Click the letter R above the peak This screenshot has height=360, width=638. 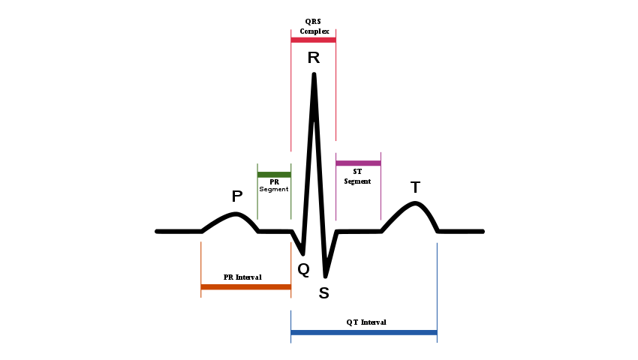pos(314,58)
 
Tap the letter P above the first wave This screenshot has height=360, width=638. pos(237,196)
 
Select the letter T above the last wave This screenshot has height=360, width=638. pos(415,187)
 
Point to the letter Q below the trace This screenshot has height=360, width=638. pos(303,269)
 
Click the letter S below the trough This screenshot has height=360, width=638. pos(324,293)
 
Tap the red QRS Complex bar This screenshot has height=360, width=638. pos(313,39)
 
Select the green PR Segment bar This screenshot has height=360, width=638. pos(274,175)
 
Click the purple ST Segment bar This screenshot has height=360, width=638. pos(358,163)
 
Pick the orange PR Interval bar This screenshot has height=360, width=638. pos(245,286)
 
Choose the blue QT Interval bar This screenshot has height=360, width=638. pos(363,331)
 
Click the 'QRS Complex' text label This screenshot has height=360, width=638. pos(314,26)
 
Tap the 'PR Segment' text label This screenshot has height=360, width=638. pos(274,185)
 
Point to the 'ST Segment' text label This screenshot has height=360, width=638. pos(357,176)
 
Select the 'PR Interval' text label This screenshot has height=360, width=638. pos(242,277)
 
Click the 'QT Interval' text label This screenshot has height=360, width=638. pos(366,322)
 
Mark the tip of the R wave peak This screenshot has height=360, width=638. pos(314,73)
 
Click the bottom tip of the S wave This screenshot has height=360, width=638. pos(325,276)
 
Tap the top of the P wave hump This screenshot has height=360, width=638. pos(237,214)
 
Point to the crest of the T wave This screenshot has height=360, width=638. pos(416,203)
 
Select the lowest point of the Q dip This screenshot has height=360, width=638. pos(302,253)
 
